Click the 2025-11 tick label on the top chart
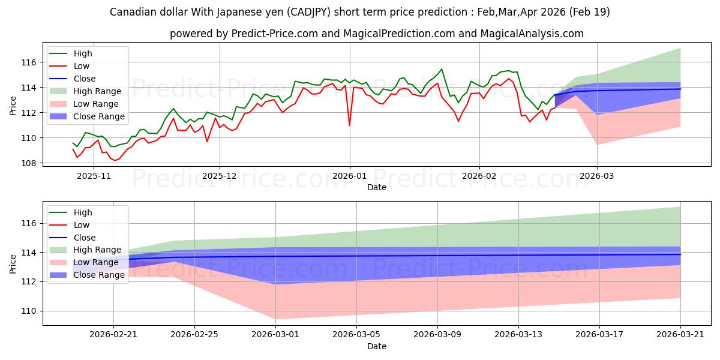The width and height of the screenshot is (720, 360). (94, 176)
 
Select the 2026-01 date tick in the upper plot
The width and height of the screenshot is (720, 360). (349, 176)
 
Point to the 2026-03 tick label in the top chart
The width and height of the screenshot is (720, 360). (597, 176)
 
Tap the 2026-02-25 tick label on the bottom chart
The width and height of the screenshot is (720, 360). (194, 335)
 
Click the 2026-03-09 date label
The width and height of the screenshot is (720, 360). (437, 335)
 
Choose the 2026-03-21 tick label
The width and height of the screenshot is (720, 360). (680, 335)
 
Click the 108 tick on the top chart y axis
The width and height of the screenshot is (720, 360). (29, 163)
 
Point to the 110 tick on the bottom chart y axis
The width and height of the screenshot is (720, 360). (29, 311)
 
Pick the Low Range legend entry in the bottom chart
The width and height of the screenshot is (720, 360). (84, 262)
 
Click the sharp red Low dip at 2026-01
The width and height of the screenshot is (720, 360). (349, 125)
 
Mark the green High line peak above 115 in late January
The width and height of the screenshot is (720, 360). (442, 69)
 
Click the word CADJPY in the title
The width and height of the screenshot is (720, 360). (308, 12)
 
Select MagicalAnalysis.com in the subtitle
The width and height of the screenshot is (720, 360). (532, 34)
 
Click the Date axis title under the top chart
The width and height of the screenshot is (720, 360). (377, 187)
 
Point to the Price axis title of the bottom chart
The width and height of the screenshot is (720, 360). (13, 264)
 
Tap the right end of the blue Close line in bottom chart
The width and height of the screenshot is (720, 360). (680, 254)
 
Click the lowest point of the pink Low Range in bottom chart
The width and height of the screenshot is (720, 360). (275, 319)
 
